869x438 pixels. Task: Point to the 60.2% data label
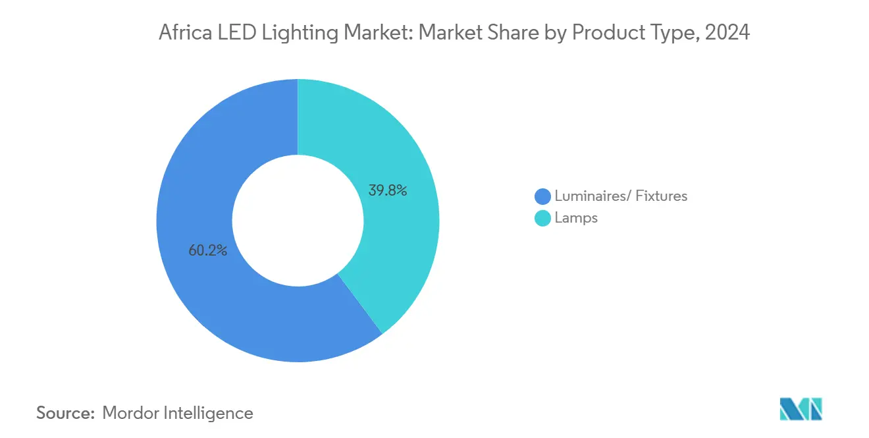(x=207, y=250)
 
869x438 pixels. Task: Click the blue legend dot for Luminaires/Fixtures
(x=542, y=196)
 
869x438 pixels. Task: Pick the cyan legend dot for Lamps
(x=542, y=218)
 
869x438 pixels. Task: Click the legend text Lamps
(x=576, y=218)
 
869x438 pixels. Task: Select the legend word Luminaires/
(x=586, y=196)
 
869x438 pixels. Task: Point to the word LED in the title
(x=231, y=32)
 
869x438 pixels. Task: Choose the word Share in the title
(x=505, y=32)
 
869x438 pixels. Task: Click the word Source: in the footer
(x=66, y=413)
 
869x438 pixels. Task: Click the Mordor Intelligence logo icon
(x=801, y=409)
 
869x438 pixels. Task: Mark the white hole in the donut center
(x=298, y=221)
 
